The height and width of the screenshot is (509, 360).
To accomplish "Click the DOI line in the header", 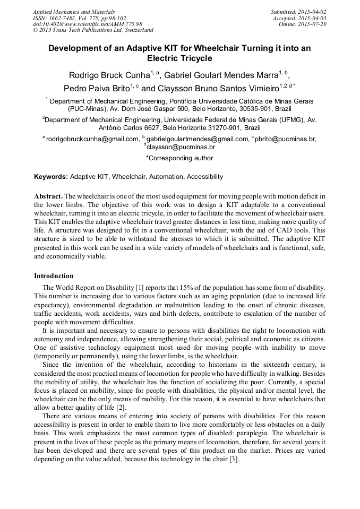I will coord(87,24).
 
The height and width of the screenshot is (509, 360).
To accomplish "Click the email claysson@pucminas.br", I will coord(181,147).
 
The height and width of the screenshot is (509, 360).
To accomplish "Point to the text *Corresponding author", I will coord(179,158).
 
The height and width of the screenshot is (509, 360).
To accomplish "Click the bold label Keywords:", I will coord(51,177).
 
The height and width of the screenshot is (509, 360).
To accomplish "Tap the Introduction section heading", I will coord(54,276).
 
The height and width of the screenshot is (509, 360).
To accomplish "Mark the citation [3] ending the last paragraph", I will coord(234,460).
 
